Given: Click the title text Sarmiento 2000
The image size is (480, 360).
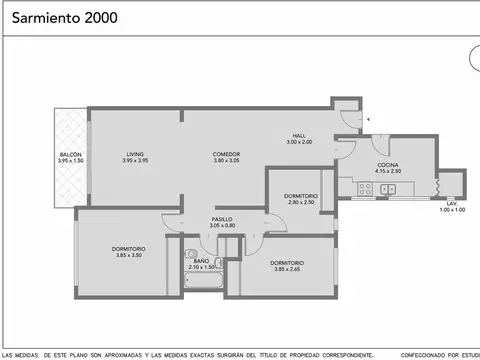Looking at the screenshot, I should (x=50, y=16).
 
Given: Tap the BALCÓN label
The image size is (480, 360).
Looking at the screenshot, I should (x=69, y=154).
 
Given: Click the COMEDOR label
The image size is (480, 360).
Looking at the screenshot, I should (x=226, y=154).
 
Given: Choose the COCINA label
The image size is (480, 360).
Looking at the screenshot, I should (x=389, y=164).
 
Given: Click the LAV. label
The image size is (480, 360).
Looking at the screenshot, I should (x=451, y=203).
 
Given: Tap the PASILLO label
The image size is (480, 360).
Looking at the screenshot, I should (x=222, y=219).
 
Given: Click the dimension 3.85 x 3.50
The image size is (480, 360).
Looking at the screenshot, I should (x=130, y=255).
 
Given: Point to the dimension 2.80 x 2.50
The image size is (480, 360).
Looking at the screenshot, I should (x=300, y=203).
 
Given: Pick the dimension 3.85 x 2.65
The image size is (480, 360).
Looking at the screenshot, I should (x=288, y=269).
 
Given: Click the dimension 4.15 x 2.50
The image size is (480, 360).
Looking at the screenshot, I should (x=389, y=171).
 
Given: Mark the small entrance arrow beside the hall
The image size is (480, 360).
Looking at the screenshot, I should (x=369, y=118).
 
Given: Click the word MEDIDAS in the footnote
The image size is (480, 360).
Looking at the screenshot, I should (x=34, y=354).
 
